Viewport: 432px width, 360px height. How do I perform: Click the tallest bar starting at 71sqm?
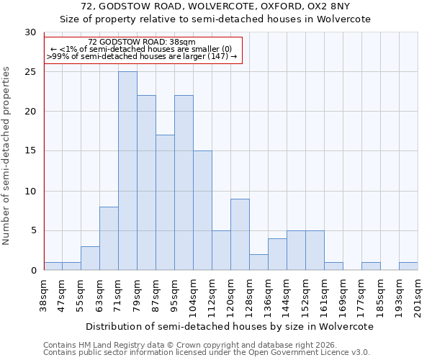pyautogui.click(x=127, y=171)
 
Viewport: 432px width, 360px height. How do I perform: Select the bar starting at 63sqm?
pyautogui.click(x=109, y=238)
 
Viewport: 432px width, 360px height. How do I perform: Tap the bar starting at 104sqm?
pyautogui.click(x=202, y=210)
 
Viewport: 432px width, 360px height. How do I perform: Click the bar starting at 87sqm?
pyautogui.click(x=165, y=202)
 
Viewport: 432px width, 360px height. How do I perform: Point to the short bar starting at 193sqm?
pyautogui.click(x=408, y=266)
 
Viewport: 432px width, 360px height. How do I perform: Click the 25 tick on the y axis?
pyautogui.click(x=30, y=72)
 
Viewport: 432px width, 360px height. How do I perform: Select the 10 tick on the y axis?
pyautogui.click(x=30, y=192)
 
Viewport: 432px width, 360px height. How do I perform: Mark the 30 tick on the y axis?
pyautogui.click(x=30, y=32)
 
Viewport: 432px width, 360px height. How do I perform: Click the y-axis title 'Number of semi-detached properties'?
pyautogui.click(x=7, y=156)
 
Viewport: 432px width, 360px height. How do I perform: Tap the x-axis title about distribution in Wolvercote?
pyautogui.click(x=230, y=326)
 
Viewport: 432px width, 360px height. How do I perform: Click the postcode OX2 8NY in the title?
pyautogui.click(x=344, y=6)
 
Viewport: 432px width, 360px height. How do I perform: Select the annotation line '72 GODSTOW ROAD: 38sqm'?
pyautogui.click(x=142, y=42)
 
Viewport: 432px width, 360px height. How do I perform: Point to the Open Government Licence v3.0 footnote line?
pyautogui.click(x=207, y=352)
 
